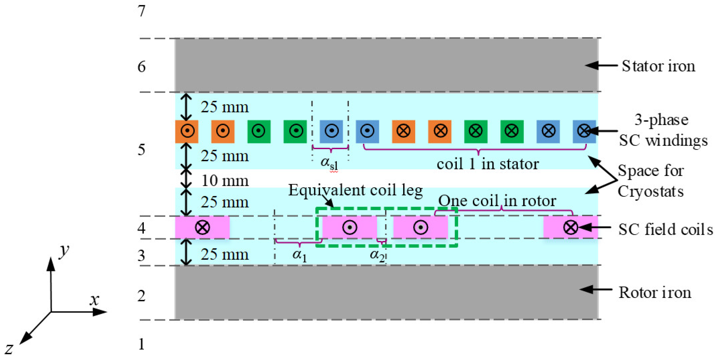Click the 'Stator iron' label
click(x=658, y=66)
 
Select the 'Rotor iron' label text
click(x=655, y=293)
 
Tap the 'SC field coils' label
click(x=665, y=229)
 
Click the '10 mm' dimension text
click(x=225, y=181)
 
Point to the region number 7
click(x=142, y=11)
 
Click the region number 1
click(x=142, y=344)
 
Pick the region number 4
click(x=142, y=228)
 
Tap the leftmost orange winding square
click(x=187, y=131)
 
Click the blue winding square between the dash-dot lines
click(x=331, y=131)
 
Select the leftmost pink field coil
click(x=202, y=227)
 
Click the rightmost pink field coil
click(x=570, y=227)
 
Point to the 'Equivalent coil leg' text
click(x=355, y=190)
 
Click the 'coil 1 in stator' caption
click(x=488, y=164)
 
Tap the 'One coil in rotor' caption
click(x=497, y=201)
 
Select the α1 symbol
click(x=299, y=255)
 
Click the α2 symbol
click(x=377, y=255)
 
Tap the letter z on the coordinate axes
click(x=9, y=348)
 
